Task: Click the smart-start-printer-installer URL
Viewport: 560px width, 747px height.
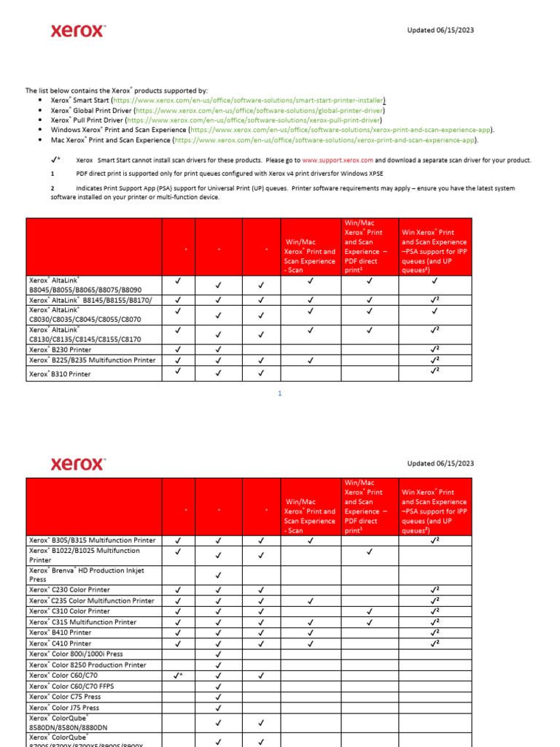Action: click(249, 100)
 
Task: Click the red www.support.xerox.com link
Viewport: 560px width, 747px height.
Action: click(338, 160)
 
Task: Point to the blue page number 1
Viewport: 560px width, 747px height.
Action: click(279, 393)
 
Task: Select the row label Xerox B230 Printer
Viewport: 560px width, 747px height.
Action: click(60, 350)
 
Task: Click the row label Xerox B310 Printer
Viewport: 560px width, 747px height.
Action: click(60, 373)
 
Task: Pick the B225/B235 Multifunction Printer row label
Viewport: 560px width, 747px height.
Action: click(92, 360)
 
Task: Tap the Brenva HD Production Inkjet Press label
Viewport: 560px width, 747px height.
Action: click(86, 574)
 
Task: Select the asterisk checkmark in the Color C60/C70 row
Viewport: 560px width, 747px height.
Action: click(179, 676)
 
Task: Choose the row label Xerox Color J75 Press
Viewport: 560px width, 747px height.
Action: click(64, 708)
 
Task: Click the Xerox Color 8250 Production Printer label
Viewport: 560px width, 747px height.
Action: click(87, 665)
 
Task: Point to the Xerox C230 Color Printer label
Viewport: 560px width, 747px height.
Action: click(69, 589)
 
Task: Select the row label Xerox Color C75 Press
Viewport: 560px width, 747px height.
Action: click(64, 697)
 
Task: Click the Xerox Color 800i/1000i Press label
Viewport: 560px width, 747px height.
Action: click(76, 654)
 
